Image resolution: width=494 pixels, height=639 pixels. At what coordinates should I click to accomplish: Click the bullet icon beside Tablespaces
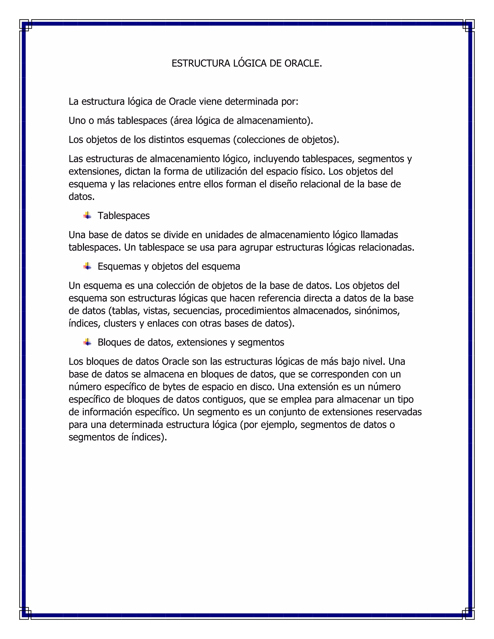tap(87, 216)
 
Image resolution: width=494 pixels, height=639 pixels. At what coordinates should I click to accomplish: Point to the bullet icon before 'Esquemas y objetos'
tap(87, 266)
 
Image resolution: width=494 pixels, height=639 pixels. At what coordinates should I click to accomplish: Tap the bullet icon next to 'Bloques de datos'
tap(87, 342)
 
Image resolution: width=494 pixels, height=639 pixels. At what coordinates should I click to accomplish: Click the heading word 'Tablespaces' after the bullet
tap(123, 216)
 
